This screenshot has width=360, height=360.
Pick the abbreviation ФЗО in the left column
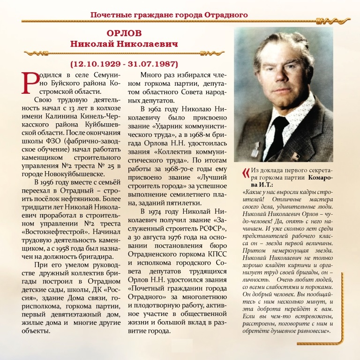click(x=53, y=141)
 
